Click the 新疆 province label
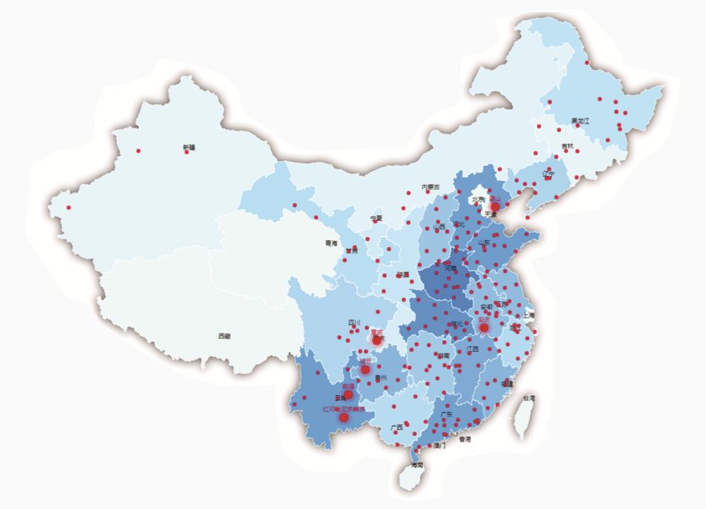coord(188,147)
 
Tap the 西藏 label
coord(224,337)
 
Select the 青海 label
coord(331,243)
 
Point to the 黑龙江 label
coord(580,121)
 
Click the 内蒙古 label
coord(431,187)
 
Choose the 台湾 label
coord(528,399)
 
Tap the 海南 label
coord(417,465)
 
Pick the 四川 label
coord(354,323)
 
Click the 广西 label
coord(395,428)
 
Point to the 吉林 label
coord(568,146)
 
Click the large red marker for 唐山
coord(495,207)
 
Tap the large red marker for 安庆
coord(484,328)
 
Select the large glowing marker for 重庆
coord(377,340)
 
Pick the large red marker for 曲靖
coord(348,395)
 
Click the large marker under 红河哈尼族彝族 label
coord(344,417)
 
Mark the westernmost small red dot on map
coord(69,208)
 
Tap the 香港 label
coord(464,439)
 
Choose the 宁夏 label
coord(376,218)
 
